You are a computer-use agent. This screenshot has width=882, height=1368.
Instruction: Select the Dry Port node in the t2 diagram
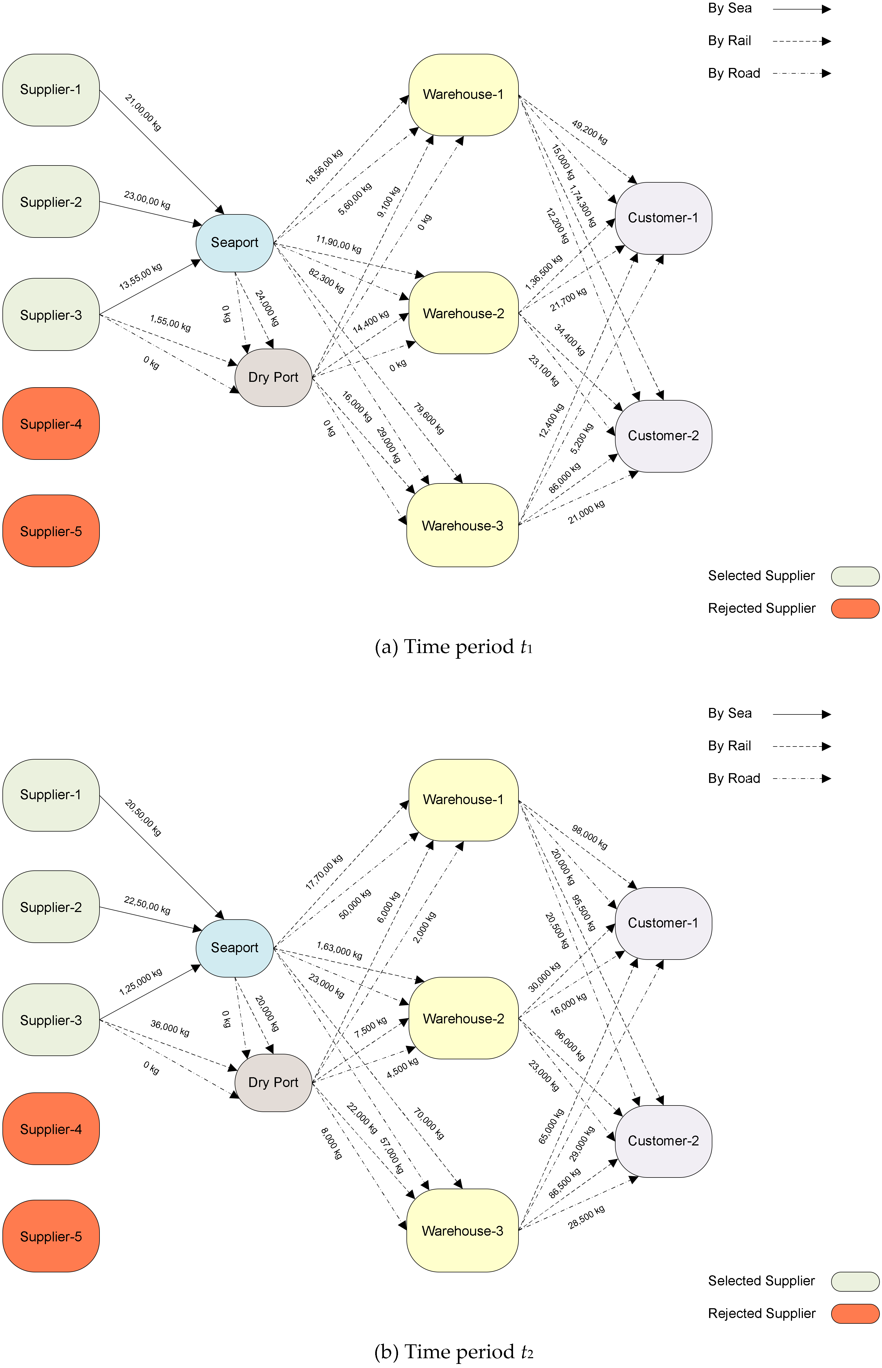pyautogui.click(x=273, y=1082)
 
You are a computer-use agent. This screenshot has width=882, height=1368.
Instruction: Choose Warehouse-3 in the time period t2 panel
pyautogui.click(x=462, y=1230)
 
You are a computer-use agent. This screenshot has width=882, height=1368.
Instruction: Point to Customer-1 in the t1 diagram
pyautogui.click(x=663, y=218)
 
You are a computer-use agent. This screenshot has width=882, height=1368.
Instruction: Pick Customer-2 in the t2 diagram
pyautogui.click(x=663, y=1141)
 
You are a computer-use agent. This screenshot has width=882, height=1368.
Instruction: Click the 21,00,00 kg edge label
pyautogui.click(x=143, y=113)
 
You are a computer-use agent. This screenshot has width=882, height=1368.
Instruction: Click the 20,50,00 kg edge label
pyautogui.click(x=143, y=818)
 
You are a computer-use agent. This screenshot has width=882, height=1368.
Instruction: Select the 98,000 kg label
pyautogui.click(x=589, y=837)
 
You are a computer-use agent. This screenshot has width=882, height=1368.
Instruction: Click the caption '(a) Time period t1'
pyautogui.click(x=454, y=647)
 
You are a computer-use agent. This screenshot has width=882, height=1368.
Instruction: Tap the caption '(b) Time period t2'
pyautogui.click(x=454, y=1352)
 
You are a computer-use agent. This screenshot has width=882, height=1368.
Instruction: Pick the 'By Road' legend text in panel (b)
pyautogui.click(x=734, y=779)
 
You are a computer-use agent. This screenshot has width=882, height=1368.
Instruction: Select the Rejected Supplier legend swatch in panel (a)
pyautogui.click(x=855, y=608)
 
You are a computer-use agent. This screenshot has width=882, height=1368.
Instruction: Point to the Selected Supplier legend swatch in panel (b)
pyautogui.click(x=855, y=1281)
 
